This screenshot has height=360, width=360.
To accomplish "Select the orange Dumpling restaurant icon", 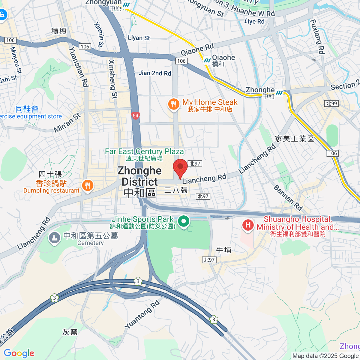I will [x=88, y=186].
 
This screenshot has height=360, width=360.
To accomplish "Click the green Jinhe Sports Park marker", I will [x=184, y=222].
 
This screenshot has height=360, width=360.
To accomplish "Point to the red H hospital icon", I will [x=248, y=225].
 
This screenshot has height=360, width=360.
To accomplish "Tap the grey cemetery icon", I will [x=54, y=238].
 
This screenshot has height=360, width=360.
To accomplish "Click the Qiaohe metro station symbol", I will [x=207, y=60].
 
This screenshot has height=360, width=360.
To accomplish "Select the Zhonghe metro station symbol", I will [x=280, y=93].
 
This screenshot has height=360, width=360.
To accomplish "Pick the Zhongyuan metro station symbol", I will [x=126, y=4].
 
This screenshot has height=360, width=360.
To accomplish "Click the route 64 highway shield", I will [x=136, y=115].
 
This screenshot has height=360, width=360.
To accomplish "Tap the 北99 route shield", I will [x=331, y=103].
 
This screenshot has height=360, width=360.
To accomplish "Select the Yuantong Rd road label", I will [x=142, y=314].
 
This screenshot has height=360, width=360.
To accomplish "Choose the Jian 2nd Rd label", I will [x=155, y=73].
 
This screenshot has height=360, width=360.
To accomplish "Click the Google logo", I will [x=19, y=353].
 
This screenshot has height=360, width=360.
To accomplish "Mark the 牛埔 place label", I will [x=224, y=250].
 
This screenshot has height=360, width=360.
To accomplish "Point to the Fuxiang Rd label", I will [x=317, y=37].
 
